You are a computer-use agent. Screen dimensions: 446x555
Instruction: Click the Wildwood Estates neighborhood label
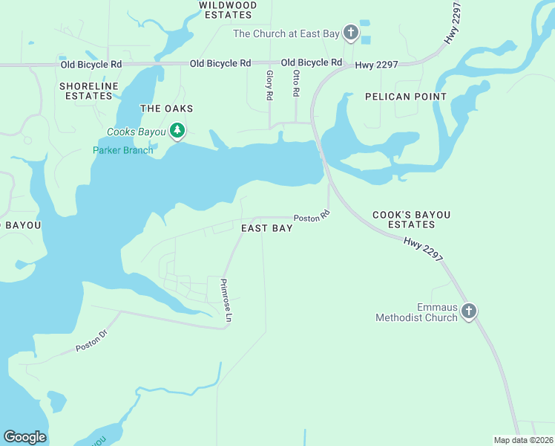coord(228,10)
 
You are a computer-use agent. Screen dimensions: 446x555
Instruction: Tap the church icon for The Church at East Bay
coord(350,33)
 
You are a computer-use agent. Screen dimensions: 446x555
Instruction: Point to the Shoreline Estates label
coord(89,91)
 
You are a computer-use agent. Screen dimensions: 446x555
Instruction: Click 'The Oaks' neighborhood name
coord(167,109)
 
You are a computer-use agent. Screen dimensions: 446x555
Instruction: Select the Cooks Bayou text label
coord(137,132)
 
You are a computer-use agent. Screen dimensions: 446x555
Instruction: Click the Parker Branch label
coord(123,150)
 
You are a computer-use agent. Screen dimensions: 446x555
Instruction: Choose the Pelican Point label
coord(406,97)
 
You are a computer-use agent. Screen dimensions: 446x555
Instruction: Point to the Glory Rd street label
coord(269,85)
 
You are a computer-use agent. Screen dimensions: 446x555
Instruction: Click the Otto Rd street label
coord(295,83)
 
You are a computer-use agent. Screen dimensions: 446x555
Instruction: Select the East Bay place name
coord(267,228)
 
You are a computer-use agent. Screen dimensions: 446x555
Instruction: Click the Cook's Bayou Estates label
coord(412,219)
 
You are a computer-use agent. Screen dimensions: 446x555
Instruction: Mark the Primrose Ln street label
coord(226,300)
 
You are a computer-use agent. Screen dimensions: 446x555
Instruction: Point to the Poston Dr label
coord(91,342)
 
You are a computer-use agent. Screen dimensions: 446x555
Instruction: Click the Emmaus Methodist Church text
coord(416,312)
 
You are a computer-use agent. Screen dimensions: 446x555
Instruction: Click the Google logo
coord(24,437)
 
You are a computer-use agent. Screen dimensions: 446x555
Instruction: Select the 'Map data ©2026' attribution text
coord(523,439)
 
